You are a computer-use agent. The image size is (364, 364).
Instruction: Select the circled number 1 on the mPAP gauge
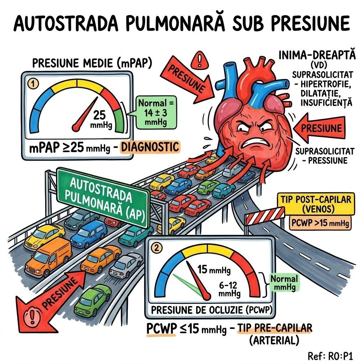[32, 84]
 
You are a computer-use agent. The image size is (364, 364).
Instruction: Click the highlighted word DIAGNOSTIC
[150, 146]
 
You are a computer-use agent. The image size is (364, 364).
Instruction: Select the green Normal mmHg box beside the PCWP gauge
[284, 282]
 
